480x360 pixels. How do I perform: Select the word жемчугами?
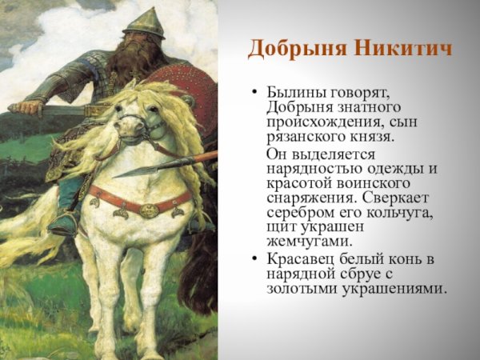click(x=306, y=242)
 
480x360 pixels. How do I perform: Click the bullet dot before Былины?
click(x=254, y=94)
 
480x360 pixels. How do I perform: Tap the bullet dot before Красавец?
click(x=254, y=260)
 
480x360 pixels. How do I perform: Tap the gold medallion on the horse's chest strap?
click(x=149, y=210)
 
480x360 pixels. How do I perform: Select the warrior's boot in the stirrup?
click(x=62, y=223)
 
